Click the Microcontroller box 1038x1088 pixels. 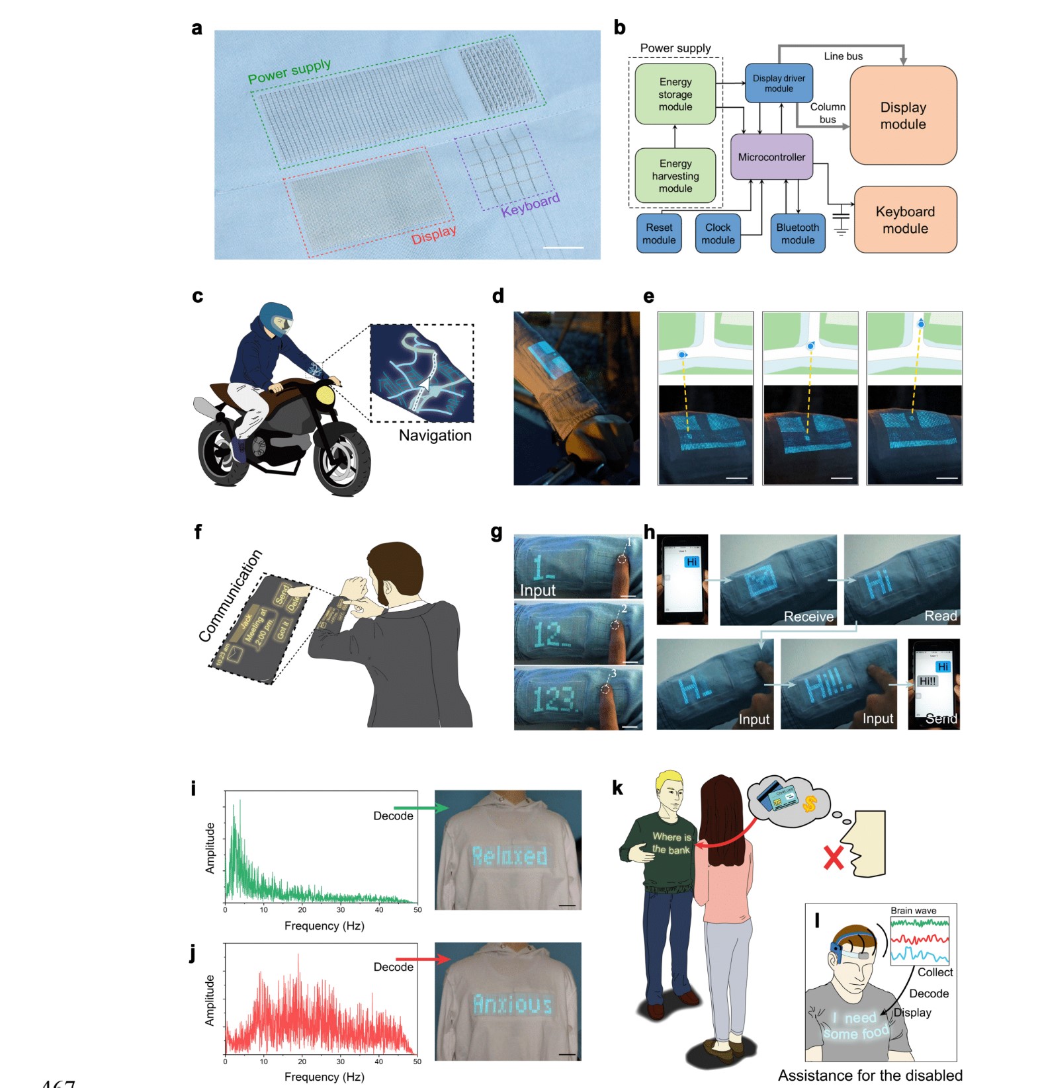tap(771, 157)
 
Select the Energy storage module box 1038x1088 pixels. tap(675, 94)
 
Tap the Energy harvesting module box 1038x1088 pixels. tap(675, 176)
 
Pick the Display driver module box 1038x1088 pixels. tap(779, 83)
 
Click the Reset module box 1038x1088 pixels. tap(659, 233)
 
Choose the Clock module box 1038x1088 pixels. tap(718, 233)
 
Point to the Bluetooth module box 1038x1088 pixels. tap(797, 233)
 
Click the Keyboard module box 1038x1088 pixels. tap(905, 220)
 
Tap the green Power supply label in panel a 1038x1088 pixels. tap(289, 71)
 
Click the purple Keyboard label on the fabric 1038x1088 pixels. tap(530, 205)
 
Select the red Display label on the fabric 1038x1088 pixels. tap(434, 235)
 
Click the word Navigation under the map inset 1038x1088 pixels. tap(435, 435)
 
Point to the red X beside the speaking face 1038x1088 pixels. tap(834, 858)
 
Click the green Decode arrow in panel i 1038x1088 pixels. tap(421, 808)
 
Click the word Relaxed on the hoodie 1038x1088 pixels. tap(509, 856)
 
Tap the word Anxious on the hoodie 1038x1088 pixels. tap(512, 1004)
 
